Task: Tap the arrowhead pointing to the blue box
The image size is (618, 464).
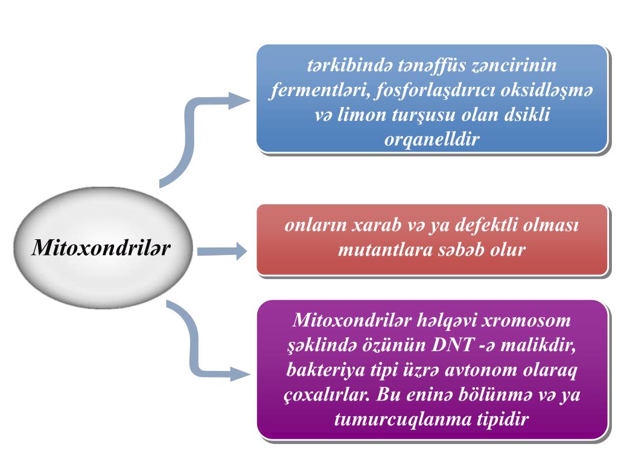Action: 240,100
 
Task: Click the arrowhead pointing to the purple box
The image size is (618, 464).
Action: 240,373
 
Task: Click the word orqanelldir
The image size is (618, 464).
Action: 432,139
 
